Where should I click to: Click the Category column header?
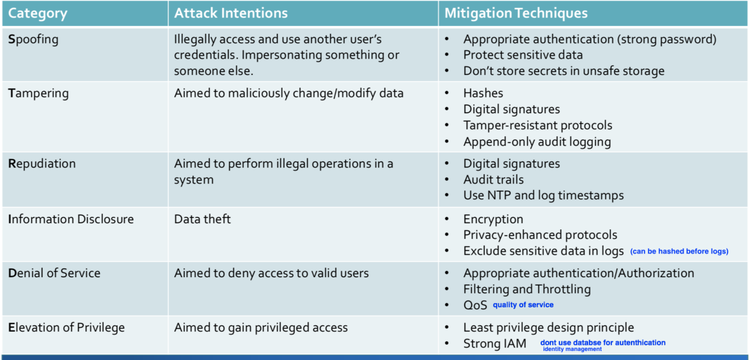click(37, 13)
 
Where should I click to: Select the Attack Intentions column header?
click(230, 13)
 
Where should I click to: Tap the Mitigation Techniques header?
click(515, 13)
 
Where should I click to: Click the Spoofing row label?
click(33, 39)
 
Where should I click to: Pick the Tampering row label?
click(38, 93)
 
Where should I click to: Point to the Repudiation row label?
click(42, 164)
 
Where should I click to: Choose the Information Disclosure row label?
click(71, 219)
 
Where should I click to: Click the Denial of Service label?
click(54, 273)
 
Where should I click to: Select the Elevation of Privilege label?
click(67, 327)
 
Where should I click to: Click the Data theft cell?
click(202, 219)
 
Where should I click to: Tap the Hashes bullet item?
click(483, 93)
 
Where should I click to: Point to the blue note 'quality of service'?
click(523, 305)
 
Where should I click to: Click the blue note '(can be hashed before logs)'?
click(679, 252)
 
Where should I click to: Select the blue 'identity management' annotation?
click(572, 349)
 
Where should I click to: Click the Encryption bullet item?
click(493, 220)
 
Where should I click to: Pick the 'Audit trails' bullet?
click(493, 180)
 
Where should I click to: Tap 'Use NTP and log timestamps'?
click(543, 195)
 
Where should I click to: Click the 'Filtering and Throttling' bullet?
click(527, 289)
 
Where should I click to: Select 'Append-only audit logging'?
click(537, 142)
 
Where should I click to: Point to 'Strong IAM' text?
click(495, 344)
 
